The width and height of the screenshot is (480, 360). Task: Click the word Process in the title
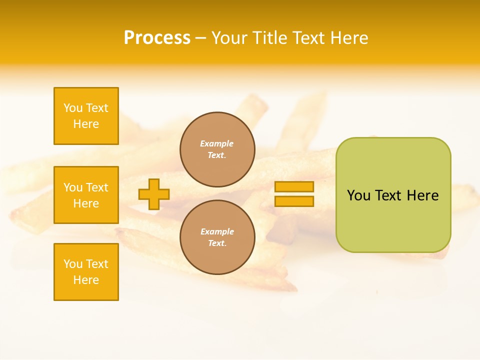[157, 38]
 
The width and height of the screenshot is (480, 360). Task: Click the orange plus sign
[154, 194]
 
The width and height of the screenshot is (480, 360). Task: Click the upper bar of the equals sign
[294, 186]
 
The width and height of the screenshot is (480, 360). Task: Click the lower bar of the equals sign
[294, 201]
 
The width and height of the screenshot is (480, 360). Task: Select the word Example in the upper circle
[217, 143]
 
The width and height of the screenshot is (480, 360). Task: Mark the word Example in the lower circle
[217, 231]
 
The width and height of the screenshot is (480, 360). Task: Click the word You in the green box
[358, 195]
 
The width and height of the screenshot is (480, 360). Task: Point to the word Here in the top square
[86, 124]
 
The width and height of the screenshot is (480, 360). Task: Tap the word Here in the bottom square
[86, 280]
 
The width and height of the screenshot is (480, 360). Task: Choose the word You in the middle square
[73, 187]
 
